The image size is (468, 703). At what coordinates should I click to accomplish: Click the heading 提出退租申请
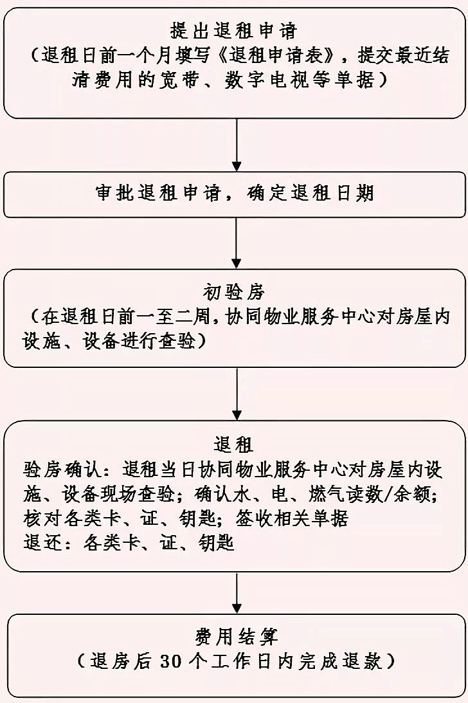233,30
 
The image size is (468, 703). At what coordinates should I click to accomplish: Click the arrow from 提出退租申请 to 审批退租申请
237,145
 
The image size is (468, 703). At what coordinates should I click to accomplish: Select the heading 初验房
233,293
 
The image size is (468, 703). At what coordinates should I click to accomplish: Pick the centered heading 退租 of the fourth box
233,444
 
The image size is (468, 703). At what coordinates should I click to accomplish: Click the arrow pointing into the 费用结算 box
237,592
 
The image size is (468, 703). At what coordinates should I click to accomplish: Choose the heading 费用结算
233,637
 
